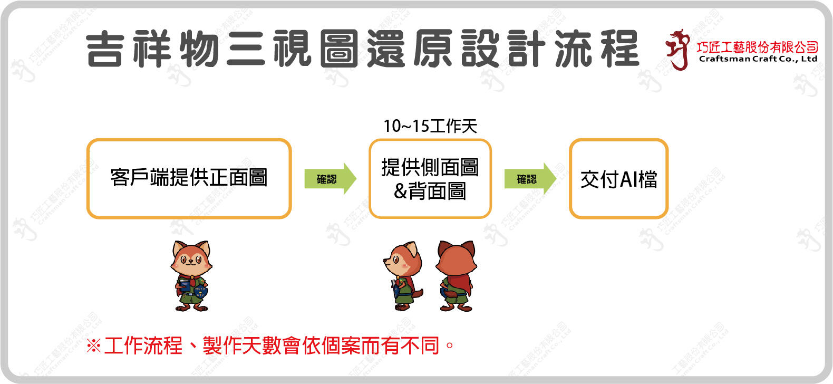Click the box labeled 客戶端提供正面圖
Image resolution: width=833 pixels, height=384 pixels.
coord(189,178)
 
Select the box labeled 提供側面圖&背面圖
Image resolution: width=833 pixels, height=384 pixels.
coord(430,178)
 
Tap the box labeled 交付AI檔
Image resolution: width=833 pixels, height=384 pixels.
coord(618,179)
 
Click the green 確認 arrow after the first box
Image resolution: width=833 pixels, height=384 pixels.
coord(330,179)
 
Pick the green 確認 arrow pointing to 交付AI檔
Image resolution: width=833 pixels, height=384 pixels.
coord(530,179)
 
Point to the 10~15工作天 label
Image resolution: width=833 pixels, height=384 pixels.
coord(430,126)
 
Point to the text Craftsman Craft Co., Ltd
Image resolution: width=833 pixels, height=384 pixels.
coord(758,59)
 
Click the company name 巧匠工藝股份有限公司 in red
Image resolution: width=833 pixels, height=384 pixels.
coord(757,47)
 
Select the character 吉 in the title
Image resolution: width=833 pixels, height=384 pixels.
coord(105,49)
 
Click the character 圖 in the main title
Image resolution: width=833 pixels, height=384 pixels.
coord(338,49)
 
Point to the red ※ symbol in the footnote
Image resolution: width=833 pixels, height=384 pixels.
coord(93,346)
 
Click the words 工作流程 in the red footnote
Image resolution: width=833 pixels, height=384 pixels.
coord(143,346)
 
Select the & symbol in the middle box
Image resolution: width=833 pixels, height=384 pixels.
coord(401,191)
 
